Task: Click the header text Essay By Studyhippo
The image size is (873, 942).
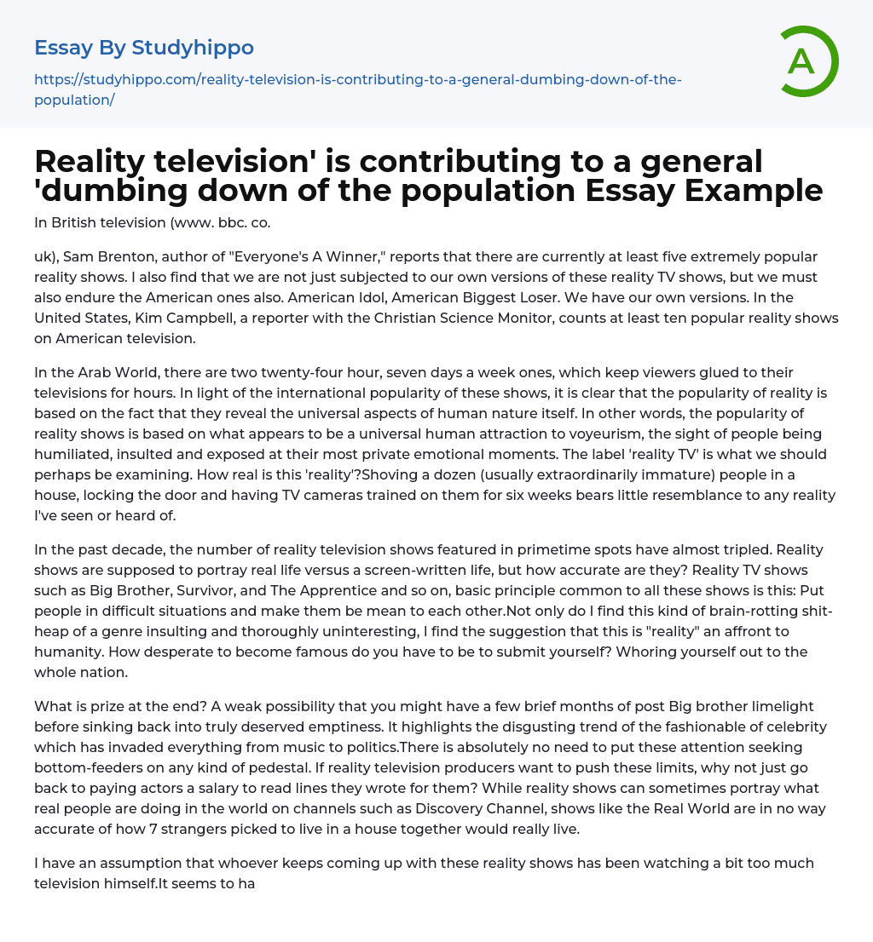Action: point(144,47)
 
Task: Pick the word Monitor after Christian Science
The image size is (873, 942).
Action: point(538,318)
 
